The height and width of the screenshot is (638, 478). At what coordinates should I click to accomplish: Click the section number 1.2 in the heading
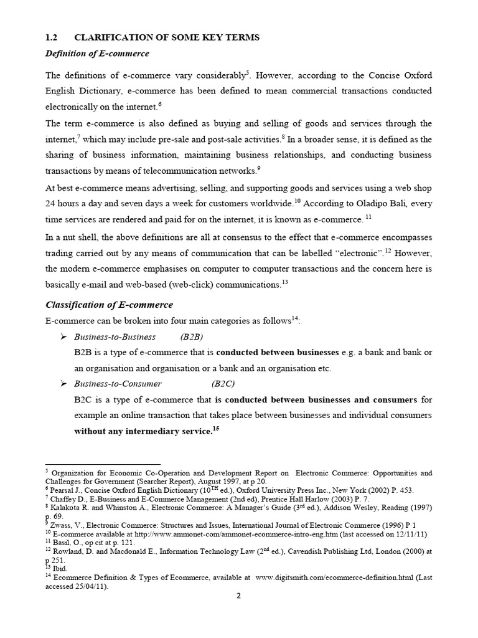tap(52, 38)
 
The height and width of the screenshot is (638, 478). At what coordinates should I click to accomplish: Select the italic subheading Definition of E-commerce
tap(97, 54)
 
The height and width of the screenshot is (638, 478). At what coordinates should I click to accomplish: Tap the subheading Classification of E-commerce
tap(109, 305)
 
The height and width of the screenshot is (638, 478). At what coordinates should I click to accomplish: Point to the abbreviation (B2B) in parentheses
tap(192, 337)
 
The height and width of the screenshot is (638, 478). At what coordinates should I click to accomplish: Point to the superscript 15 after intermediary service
tap(216, 428)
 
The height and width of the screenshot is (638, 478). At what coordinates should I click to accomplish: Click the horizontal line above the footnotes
tap(103, 464)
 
